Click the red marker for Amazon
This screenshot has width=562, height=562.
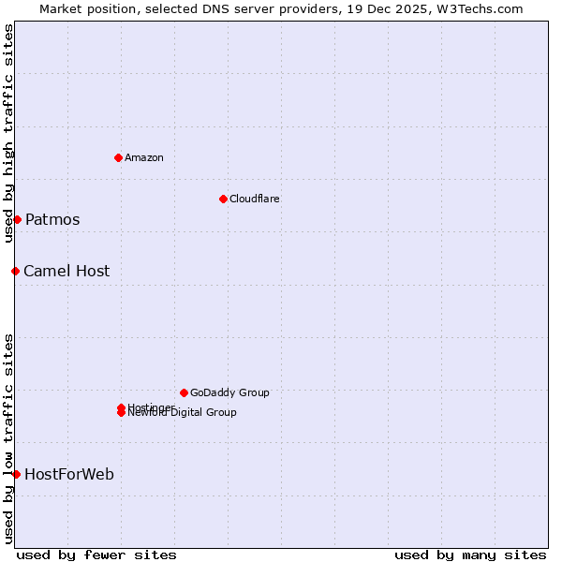click(118, 157)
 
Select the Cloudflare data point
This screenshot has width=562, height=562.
click(223, 199)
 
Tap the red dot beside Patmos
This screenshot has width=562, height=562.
click(17, 219)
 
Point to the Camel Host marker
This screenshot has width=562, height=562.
click(15, 271)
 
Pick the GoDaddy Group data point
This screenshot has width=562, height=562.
click(184, 392)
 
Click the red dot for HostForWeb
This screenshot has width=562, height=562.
click(16, 474)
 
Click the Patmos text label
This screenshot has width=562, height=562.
click(52, 220)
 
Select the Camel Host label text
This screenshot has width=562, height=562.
click(67, 272)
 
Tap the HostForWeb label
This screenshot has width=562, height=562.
click(69, 475)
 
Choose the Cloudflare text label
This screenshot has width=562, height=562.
click(255, 199)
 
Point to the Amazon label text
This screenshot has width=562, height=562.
click(144, 157)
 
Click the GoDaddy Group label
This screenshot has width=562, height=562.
click(229, 392)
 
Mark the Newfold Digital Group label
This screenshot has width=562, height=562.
click(183, 413)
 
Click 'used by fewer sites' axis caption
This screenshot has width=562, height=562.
click(96, 555)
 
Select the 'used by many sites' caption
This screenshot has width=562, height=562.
click(470, 555)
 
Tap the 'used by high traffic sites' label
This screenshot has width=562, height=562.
click(8, 134)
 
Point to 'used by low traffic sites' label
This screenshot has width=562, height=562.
click(8, 437)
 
